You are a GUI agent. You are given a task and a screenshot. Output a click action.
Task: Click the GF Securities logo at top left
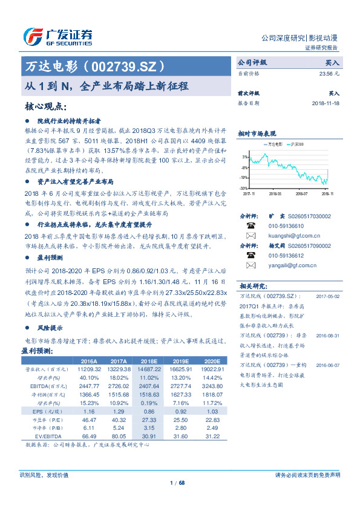[57, 37]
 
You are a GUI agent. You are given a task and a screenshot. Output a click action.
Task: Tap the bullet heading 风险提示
[50, 327]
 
